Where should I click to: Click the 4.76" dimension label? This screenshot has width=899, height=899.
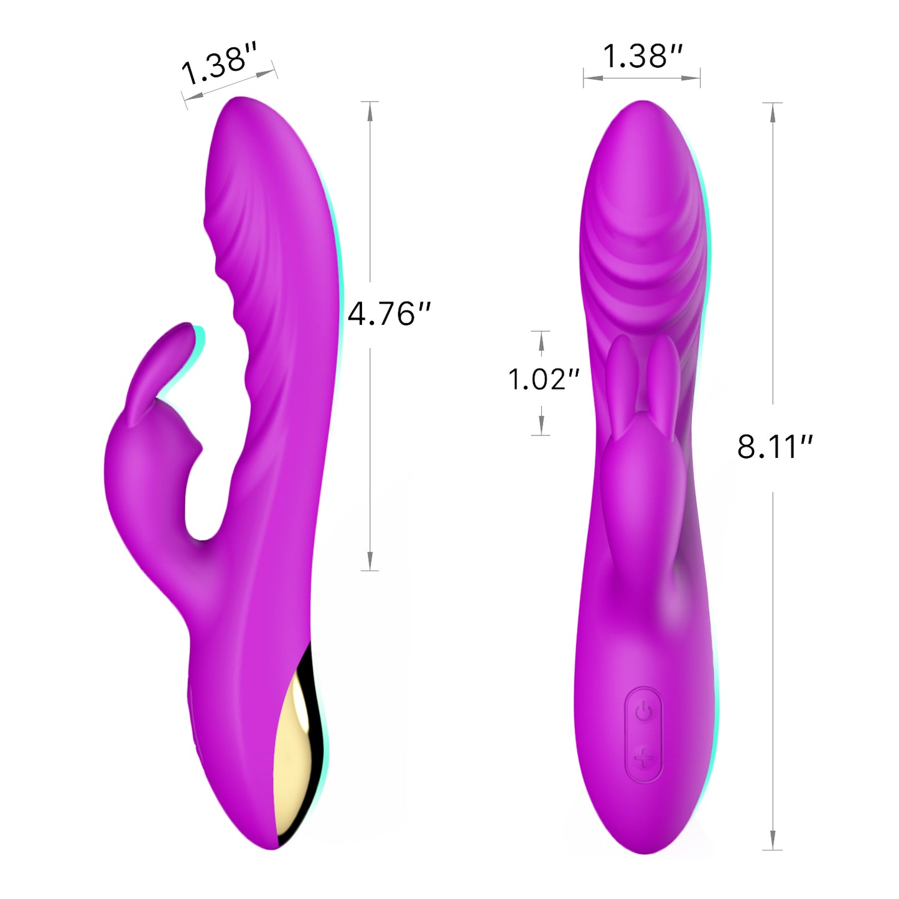(x=389, y=314)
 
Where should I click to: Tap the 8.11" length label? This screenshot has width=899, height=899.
(x=775, y=446)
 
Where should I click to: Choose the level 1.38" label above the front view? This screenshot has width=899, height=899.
(x=643, y=56)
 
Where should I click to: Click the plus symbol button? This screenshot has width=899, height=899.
(x=644, y=758)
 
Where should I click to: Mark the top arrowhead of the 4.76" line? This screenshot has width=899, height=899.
(x=370, y=112)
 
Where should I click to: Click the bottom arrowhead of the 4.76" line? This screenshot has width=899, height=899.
(x=370, y=561)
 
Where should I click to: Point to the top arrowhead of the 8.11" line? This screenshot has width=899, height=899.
(x=773, y=113)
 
